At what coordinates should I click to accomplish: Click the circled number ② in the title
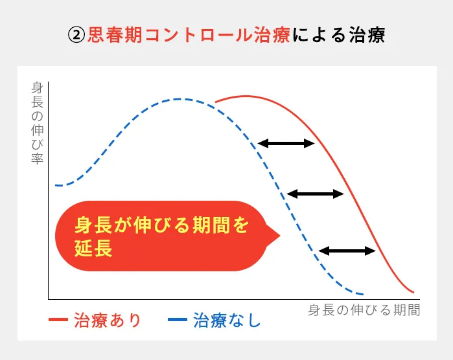click(76, 35)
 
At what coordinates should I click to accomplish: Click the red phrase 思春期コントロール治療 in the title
click(189, 35)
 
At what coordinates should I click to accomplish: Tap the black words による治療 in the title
click(338, 35)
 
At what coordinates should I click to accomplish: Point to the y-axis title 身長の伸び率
click(37, 123)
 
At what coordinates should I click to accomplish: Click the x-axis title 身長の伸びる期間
click(364, 310)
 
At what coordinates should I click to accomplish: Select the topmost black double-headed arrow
click(286, 143)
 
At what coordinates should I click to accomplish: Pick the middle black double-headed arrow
click(315, 193)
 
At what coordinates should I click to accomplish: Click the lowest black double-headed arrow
click(347, 251)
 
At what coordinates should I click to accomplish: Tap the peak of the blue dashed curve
click(181, 99)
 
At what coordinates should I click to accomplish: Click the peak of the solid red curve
click(246, 96)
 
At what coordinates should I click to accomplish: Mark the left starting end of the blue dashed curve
click(56, 185)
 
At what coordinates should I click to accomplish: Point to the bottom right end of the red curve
click(412, 291)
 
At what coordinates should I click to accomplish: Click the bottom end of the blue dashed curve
click(362, 293)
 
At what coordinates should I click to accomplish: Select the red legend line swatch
click(58, 321)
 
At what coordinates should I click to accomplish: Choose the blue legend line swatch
click(177, 321)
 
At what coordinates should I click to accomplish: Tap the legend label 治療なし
click(227, 321)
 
